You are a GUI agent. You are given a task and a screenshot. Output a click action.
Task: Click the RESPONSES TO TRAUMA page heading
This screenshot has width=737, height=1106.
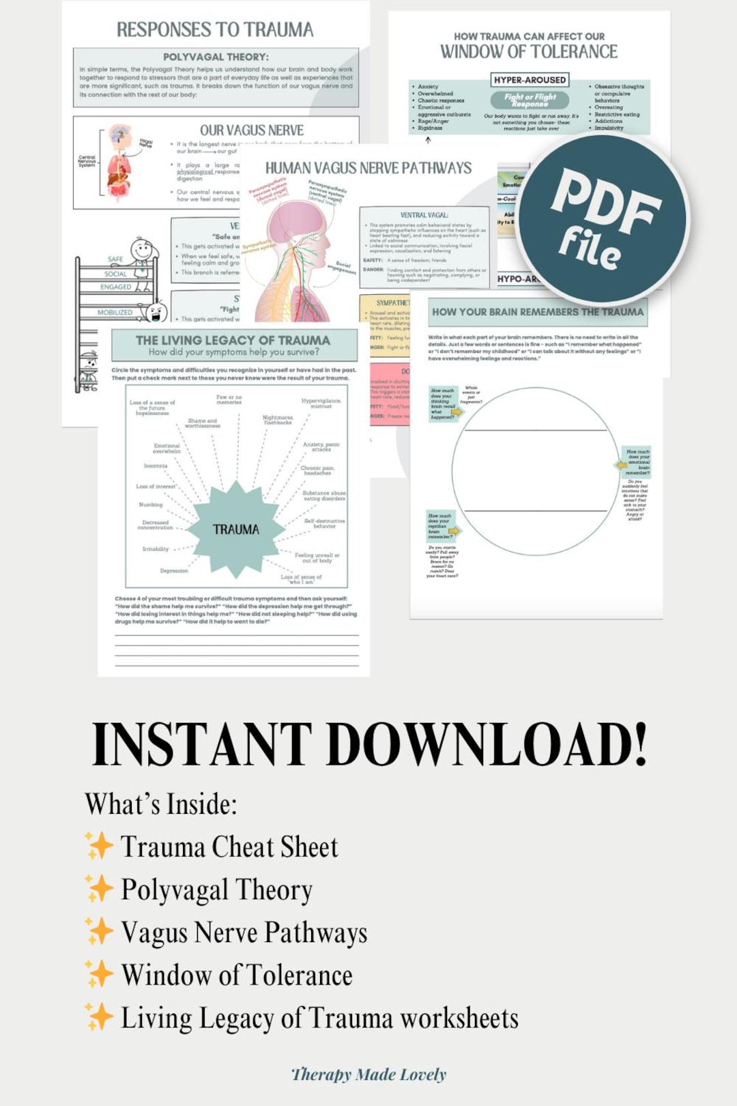(x=215, y=30)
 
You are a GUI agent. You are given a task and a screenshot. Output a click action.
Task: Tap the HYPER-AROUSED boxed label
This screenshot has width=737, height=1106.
(x=530, y=80)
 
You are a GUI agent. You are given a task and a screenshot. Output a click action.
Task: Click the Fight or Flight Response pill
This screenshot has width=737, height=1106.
(x=530, y=100)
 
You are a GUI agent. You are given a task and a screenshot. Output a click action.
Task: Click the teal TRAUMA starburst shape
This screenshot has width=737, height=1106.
(x=236, y=528)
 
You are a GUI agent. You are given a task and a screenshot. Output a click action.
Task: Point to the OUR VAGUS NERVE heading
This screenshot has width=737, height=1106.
(x=252, y=130)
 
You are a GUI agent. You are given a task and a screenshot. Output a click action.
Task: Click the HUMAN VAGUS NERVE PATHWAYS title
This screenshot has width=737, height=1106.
(x=368, y=168)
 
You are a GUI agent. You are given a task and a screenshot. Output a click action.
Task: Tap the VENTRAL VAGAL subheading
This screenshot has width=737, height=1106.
(x=424, y=215)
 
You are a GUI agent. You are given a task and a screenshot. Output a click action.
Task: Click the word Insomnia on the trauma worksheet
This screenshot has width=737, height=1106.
(x=156, y=466)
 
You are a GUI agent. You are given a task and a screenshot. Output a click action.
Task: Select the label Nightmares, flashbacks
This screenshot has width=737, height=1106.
(x=278, y=420)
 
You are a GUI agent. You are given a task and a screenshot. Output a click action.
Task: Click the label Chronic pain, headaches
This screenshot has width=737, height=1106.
(x=317, y=470)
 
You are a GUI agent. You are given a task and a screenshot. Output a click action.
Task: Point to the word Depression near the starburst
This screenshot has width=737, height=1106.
(x=174, y=571)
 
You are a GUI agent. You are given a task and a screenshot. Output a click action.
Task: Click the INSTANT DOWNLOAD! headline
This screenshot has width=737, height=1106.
(x=369, y=745)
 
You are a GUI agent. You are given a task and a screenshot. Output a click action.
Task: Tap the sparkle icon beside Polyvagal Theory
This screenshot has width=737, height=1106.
(x=99, y=889)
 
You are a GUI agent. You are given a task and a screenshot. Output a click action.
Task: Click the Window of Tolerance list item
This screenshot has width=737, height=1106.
(x=237, y=975)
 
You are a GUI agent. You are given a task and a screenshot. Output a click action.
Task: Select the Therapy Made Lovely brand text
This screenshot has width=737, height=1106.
(x=369, y=1075)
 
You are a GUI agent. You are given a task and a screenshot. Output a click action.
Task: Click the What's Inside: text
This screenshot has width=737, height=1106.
(x=161, y=804)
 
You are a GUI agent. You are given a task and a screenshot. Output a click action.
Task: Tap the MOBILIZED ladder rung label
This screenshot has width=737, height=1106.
(x=115, y=313)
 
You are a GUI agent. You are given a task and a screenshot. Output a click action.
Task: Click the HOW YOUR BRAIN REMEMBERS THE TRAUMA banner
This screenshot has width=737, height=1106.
(x=537, y=312)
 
